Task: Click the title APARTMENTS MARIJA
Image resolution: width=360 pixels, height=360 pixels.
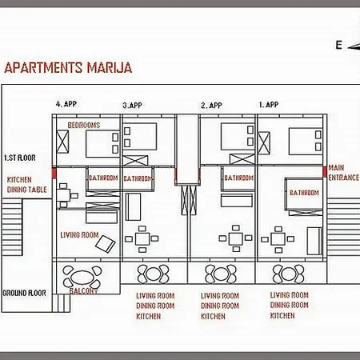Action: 68,68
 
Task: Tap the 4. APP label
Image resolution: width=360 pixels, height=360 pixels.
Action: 66,104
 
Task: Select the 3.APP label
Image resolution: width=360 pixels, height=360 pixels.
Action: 132,105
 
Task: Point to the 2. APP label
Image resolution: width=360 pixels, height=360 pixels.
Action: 211,106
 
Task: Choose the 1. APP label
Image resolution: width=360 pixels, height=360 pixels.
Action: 269,105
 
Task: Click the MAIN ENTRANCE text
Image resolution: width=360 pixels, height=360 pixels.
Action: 344,173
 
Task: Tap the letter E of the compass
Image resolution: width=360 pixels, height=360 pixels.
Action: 338,45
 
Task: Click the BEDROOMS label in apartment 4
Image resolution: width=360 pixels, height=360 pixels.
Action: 84,125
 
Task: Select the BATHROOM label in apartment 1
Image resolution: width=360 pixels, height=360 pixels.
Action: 304,193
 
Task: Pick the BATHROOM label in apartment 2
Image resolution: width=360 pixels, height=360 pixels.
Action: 238,178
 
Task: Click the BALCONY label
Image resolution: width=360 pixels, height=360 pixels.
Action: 83,290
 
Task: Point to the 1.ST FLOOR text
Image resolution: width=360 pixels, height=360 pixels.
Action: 20,158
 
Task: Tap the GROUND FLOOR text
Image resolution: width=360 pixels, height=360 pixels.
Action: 24,293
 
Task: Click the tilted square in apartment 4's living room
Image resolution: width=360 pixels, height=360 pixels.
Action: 106,244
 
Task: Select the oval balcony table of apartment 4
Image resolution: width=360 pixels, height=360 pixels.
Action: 82,278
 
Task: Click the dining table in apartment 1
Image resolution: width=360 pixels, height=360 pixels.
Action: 278,239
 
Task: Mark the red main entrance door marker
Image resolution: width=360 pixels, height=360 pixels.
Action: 325,172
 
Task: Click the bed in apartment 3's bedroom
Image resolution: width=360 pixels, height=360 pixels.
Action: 140,136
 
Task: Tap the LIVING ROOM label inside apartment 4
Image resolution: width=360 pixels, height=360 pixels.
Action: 79,235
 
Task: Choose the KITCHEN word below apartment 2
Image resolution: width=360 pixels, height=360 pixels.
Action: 213,316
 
